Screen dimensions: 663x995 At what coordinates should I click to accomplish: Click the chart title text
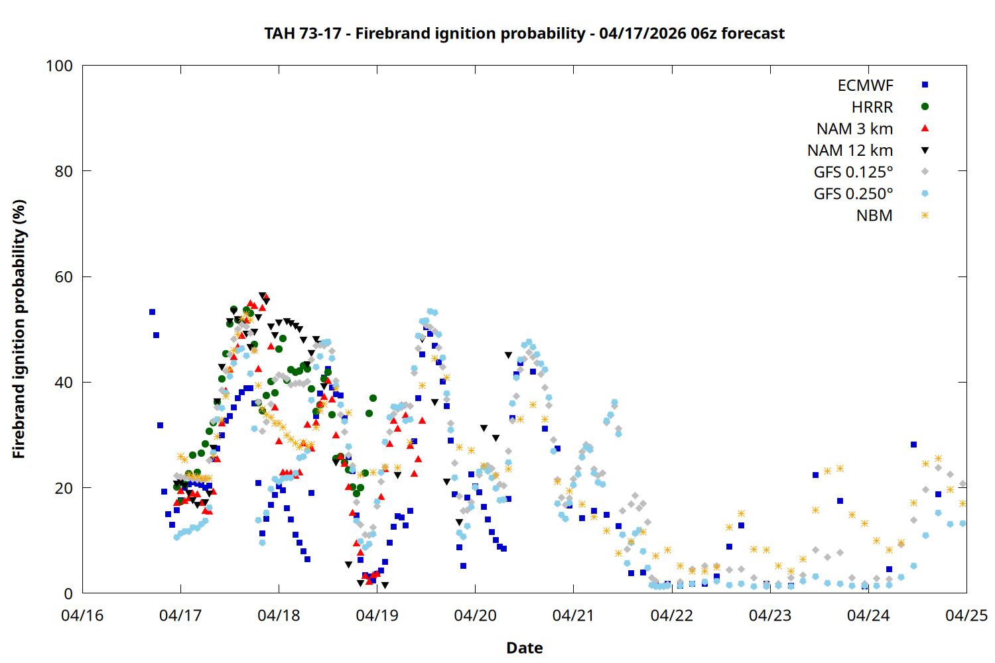(x=524, y=34)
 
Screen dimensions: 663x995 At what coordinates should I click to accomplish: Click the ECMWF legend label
(x=865, y=86)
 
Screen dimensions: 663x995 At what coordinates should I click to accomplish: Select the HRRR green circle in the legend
(x=925, y=107)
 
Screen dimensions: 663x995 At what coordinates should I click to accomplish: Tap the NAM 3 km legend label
(x=854, y=129)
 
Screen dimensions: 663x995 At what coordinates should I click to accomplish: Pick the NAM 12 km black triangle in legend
(x=925, y=151)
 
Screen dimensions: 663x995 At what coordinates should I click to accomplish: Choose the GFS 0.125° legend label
(x=853, y=172)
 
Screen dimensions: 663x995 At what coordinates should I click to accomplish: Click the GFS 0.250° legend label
(x=853, y=194)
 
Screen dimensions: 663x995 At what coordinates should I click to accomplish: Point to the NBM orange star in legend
(x=925, y=215)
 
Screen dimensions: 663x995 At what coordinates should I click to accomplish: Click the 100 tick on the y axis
(x=59, y=66)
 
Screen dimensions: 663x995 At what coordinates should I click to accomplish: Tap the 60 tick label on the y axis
(x=64, y=277)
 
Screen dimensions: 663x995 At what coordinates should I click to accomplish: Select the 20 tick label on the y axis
(x=64, y=488)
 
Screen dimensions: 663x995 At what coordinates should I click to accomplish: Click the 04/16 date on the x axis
(x=82, y=615)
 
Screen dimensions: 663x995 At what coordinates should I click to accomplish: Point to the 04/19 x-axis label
(x=377, y=615)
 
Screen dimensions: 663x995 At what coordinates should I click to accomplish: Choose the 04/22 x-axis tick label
(x=671, y=615)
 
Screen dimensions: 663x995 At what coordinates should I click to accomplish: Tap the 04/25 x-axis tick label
(x=966, y=615)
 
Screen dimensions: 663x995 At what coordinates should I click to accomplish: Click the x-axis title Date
(x=524, y=648)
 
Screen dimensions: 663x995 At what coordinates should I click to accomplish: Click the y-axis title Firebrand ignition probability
(x=19, y=329)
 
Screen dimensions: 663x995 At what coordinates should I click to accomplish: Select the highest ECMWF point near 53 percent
(x=152, y=312)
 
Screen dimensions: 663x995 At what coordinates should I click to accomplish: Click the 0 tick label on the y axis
(x=68, y=594)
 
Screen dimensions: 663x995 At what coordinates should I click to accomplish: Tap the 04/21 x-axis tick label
(x=573, y=615)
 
